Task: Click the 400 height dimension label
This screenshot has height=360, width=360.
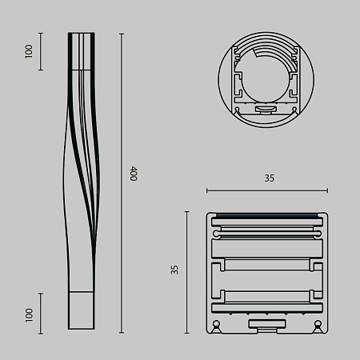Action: (x=134, y=174)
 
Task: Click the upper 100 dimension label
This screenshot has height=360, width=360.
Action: (x=29, y=52)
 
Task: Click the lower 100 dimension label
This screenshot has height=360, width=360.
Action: (x=29, y=314)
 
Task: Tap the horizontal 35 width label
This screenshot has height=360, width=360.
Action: (x=268, y=179)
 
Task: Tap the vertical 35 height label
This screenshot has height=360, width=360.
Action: (x=174, y=270)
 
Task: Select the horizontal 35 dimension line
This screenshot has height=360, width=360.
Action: (x=266, y=190)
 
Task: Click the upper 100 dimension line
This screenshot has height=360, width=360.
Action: (x=41, y=52)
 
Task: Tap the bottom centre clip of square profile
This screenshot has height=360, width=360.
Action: (x=267, y=324)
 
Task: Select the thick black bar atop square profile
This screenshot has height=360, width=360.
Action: (x=267, y=216)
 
